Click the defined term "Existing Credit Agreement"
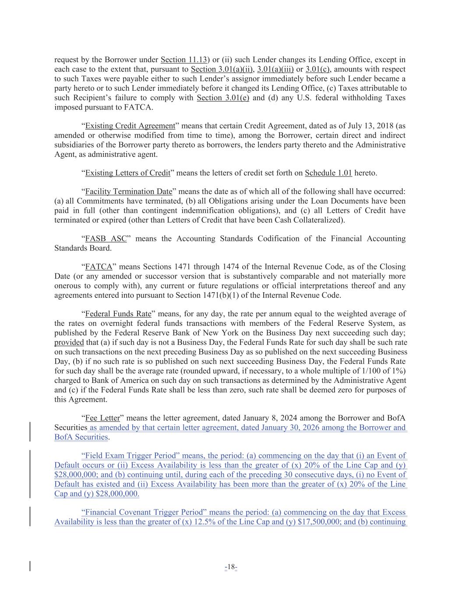point(130,126)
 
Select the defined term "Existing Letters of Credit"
point(127,173)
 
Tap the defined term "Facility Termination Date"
point(129,192)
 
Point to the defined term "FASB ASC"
point(106,239)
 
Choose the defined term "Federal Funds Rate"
point(118,314)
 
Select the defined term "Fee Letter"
point(102,418)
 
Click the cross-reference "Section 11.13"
point(183,60)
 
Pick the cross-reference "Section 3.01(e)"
point(223,98)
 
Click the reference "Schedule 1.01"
point(328,173)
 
